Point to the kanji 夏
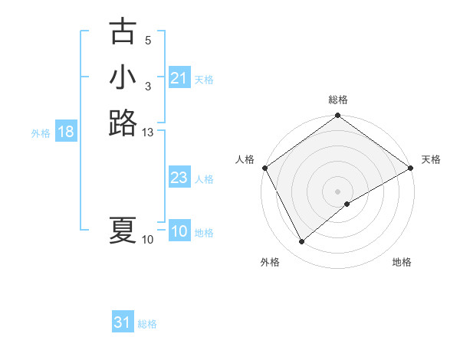pyautogui.click(x=123, y=231)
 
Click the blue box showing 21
pyautogui.click(x=179, y=78)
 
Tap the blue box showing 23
pyautogui.click(x=179, y=178)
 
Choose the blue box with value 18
pyautogui.click(x=66, y=132)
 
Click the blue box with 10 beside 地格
pyautogui.click(x=179, y=232)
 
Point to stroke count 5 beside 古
pyautogui.click(x=148, y=40)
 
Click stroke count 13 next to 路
pyautogui.click(x=148, y=133)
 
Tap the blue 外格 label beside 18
pyautogui.click(x=41, y=133)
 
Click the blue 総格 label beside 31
pyautogui.click(x=147, y=324)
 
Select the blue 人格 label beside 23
pyautogui.click(x=204, y=179)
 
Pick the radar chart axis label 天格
pyautogui.click(x=431, y=159)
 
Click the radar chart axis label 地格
pyautogui.click(x=402, y=262)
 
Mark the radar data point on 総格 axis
pyautogui.click(x=338, y=116)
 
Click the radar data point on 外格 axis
pyautogui.click(x=301, y=242)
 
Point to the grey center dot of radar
pyautogui.click(x=338, y=191)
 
